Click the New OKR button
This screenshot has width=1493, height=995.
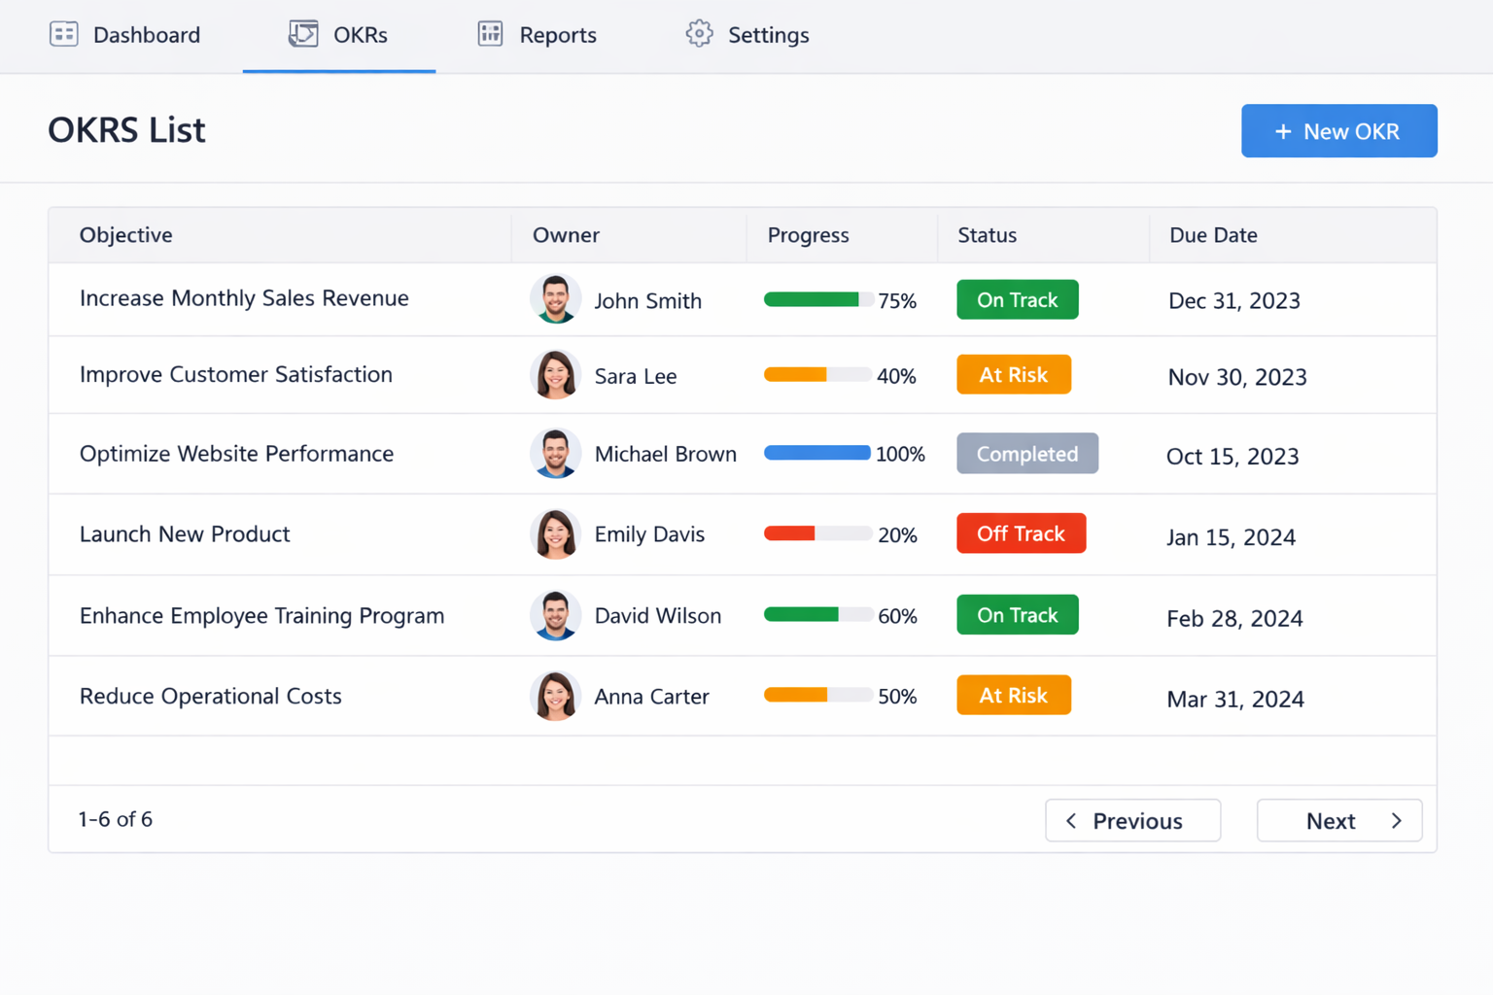tap(1338, 131)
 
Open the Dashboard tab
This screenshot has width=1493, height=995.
tap(125, 35)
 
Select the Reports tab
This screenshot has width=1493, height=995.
tap(538, 35)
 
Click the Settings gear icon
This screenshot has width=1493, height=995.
tap(699, 34)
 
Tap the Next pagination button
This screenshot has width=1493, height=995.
tap(1338, 821)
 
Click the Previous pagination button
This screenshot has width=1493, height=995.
tap(1132, 821)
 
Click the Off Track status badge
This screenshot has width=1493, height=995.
tap(1021, 533)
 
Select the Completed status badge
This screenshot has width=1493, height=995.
tap(1026, 454)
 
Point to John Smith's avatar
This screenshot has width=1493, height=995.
tap(555, 299)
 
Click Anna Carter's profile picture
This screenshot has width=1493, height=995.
tap(555, 697)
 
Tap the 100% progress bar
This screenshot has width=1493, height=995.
tap(816, 454)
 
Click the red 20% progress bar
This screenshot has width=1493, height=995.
tap(816, 533)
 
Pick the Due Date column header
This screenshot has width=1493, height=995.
tap(1213, 235)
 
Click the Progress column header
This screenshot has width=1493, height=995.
tap(808, 235)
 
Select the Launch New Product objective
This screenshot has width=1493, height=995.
tap(185, 534)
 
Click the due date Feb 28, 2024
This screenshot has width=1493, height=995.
tap(1234, 618)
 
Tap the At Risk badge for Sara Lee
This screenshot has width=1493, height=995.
tap(1013, 375)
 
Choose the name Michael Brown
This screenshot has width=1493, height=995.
tap(665, 455)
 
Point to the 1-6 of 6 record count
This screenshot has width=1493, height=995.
tap(116, 819)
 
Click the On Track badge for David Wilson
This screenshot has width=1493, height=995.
tap(1017, 615)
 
